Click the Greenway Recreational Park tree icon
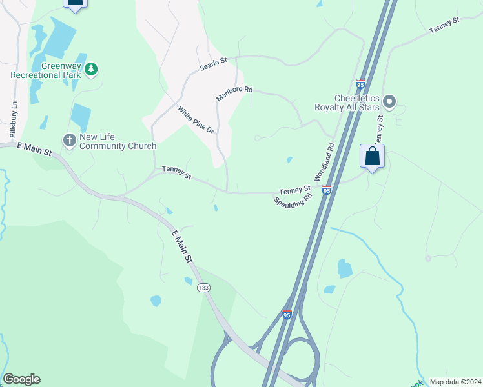coord(91,68)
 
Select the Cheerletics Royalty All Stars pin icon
coord(389,102)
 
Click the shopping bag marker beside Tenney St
coord(372,156)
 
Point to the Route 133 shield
coord(204,287)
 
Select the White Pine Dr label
coord(196,120)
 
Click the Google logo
coord(21,379)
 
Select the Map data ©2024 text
coord(455,381)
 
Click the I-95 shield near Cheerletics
coord(360,84)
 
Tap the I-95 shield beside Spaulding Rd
coord(327,190)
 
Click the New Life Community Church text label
coord(118,141)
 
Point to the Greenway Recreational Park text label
coord(46,70)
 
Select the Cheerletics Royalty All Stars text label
coord(346,103)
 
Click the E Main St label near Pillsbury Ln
coord(34,149)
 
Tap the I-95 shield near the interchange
coord(287,314)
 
